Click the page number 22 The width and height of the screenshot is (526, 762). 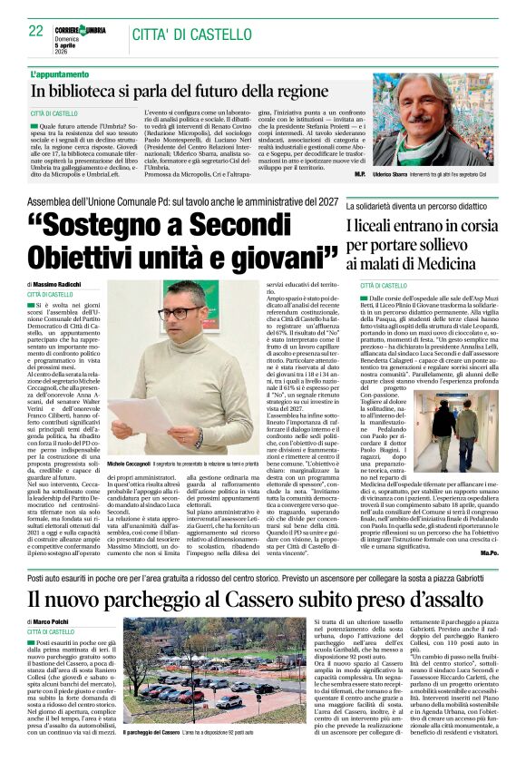[36, 31]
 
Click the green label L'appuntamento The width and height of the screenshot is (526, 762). [61, 73]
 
